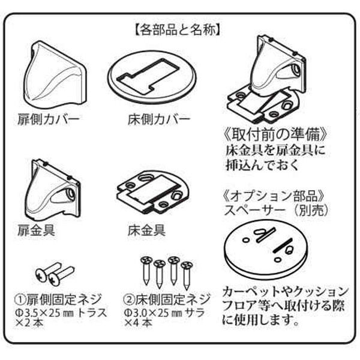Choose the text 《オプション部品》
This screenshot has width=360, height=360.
[274, 197]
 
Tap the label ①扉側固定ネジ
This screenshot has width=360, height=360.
[58, 299]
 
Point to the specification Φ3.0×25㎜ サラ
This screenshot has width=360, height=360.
[161, 312]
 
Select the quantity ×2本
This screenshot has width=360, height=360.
[27, 324]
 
